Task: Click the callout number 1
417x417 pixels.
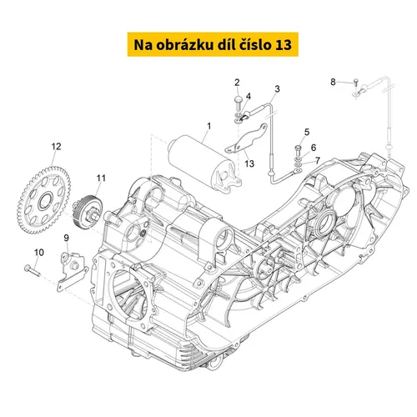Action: tap(209, 126)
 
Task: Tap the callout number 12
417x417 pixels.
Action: tap(56, 147)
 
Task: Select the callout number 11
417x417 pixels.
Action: tap(101, 178)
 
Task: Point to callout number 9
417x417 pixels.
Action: tap(66, 238)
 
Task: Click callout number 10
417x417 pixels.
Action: tap(39, 253)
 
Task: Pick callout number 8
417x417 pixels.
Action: tap(333, 82)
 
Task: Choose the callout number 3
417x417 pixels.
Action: tap(277, 89)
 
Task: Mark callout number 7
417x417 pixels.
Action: tap(318, 160)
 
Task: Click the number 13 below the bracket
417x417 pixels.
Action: tap(249, 163)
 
